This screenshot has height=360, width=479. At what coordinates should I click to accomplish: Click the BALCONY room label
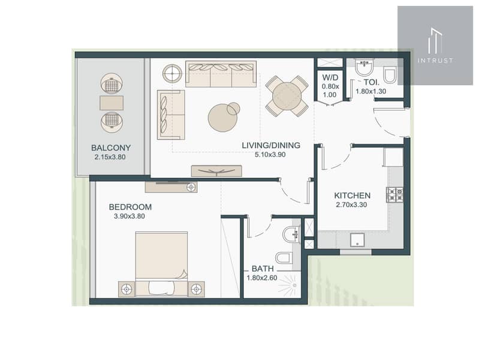[111, 148]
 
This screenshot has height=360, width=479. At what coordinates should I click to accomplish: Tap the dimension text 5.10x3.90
[270, 155]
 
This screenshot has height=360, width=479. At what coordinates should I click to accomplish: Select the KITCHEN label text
[353, 196]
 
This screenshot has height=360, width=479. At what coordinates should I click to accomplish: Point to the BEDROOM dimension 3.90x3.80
[129, 216]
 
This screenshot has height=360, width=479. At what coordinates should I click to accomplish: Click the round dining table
[287, 96]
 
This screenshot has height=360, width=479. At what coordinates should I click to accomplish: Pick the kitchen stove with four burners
[394, 194]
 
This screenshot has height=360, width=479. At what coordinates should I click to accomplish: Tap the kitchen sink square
[357, 240]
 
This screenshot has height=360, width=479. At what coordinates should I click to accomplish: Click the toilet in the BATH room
[284, 257]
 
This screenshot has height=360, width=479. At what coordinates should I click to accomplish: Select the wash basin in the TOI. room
[364, 67]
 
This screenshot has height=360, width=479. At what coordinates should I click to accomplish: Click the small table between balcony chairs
[112, 103]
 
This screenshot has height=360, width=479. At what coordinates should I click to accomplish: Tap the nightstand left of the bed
[126, 289]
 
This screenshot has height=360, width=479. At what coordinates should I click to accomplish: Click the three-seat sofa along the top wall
[221, 74]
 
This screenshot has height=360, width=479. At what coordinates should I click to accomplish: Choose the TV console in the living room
[216, 171]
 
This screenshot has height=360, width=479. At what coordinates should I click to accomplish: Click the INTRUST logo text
[435, 60]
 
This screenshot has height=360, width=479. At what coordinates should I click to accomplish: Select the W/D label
[330, 77]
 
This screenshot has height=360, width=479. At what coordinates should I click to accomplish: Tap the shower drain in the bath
[294, 285]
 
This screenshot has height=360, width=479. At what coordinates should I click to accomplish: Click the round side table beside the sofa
[172, 73]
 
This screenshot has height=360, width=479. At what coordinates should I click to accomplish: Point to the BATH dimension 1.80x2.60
[262, 278]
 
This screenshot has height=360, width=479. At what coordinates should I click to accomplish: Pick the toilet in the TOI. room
[390, 75]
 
